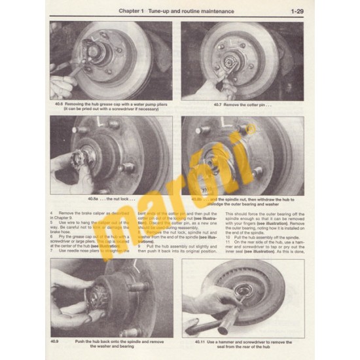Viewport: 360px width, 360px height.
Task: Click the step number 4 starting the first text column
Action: [x=51, y=214]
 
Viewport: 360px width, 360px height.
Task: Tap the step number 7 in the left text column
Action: [x=51, y=250]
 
